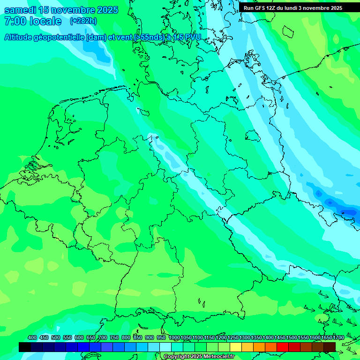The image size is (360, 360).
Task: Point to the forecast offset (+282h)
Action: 83,21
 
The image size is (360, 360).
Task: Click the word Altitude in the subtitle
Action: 21,37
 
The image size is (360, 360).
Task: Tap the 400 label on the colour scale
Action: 32,338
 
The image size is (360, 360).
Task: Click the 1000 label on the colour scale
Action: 174,338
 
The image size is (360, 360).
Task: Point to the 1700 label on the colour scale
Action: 338,338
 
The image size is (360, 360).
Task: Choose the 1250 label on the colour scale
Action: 233,338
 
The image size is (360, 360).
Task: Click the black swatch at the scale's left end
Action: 25,347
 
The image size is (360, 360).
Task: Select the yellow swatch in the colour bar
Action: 236,347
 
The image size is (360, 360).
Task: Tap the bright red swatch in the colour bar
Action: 283,347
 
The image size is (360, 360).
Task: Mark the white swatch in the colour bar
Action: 165,347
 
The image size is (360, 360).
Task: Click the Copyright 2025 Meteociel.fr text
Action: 199,357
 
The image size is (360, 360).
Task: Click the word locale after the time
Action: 45,21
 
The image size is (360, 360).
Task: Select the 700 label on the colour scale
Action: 103,338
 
